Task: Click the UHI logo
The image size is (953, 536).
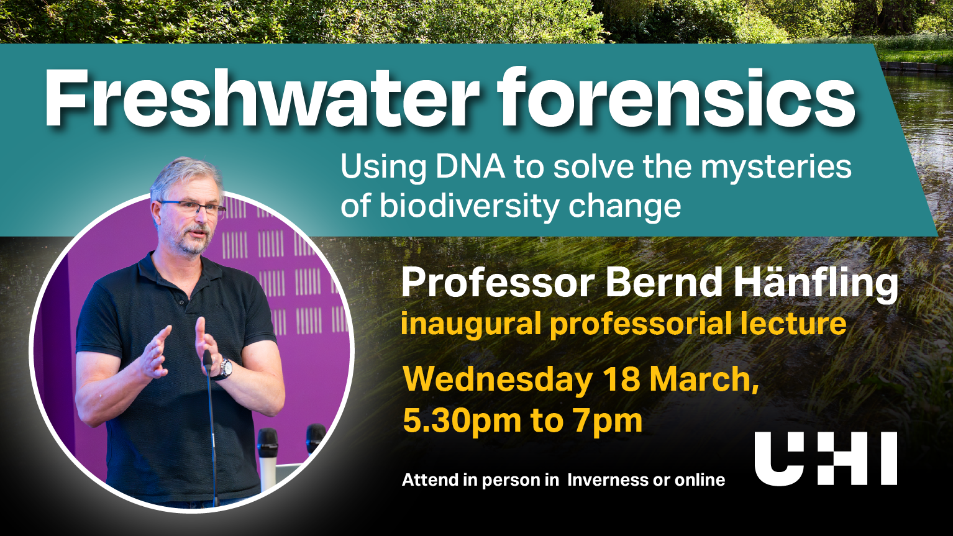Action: point(826,458)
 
